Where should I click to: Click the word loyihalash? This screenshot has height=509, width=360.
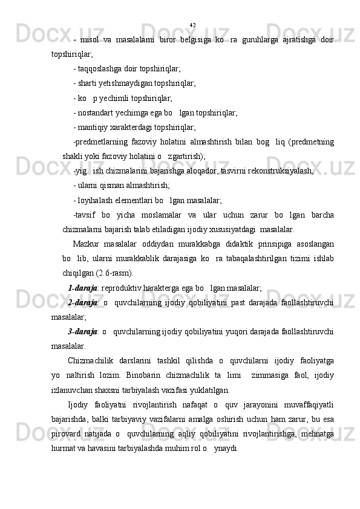[94, 200]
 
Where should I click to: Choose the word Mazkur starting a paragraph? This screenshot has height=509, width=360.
[83, 244]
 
